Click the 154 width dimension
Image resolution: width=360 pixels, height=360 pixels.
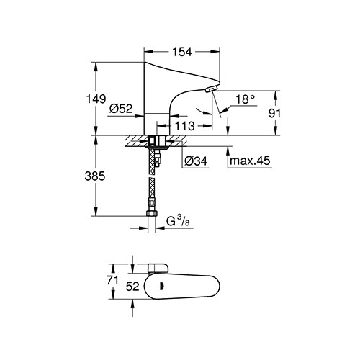pyautogui.click(x=182, y=52)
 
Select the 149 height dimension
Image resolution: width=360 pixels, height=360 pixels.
pyautogui.click(x=96, y=99)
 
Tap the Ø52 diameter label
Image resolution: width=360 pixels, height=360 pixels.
pyautogui.click(x=121, y=109)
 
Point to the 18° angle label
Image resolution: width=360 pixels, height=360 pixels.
pyautogui.click(x=245, y=99)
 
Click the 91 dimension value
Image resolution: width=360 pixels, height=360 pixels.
pyautogui.click(x=274, y=113)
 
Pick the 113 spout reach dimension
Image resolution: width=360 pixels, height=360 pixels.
pyautogui.click(x=184, y=126)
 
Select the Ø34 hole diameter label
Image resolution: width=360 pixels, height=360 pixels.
pyautogui.click(x=196, y=161)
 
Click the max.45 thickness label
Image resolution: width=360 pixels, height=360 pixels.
pyautogui.click(x=250, y=161)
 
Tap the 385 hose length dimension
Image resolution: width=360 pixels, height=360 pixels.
pyautogui.click(x=95, y=176)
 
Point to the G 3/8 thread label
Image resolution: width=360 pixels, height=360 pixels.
pyautogui.click(x=178, y=221)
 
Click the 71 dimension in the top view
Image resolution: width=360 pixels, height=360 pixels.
pyautogui.click(x=113, y=280)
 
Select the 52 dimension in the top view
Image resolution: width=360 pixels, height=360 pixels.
pyautogui.click(x=132, y=287)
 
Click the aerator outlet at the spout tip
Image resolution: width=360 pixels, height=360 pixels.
pyautogui.click(x=210, y=89)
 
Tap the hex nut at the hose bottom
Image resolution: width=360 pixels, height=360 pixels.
pyautogui.click(x=152, y=213)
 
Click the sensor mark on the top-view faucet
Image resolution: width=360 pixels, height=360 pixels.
pyautogui.click(x=162, y=286)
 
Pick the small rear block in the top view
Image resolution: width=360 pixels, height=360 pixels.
pyautogui.click(x=158, y=269)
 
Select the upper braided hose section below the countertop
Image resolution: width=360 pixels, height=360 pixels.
pyautogui.click(x=151, y=161)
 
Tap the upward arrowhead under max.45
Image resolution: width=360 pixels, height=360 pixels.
pyautogui.click(x=228, y=150)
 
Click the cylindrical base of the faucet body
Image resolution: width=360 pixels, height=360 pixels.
pyautogui.click(x=157, y=124)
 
